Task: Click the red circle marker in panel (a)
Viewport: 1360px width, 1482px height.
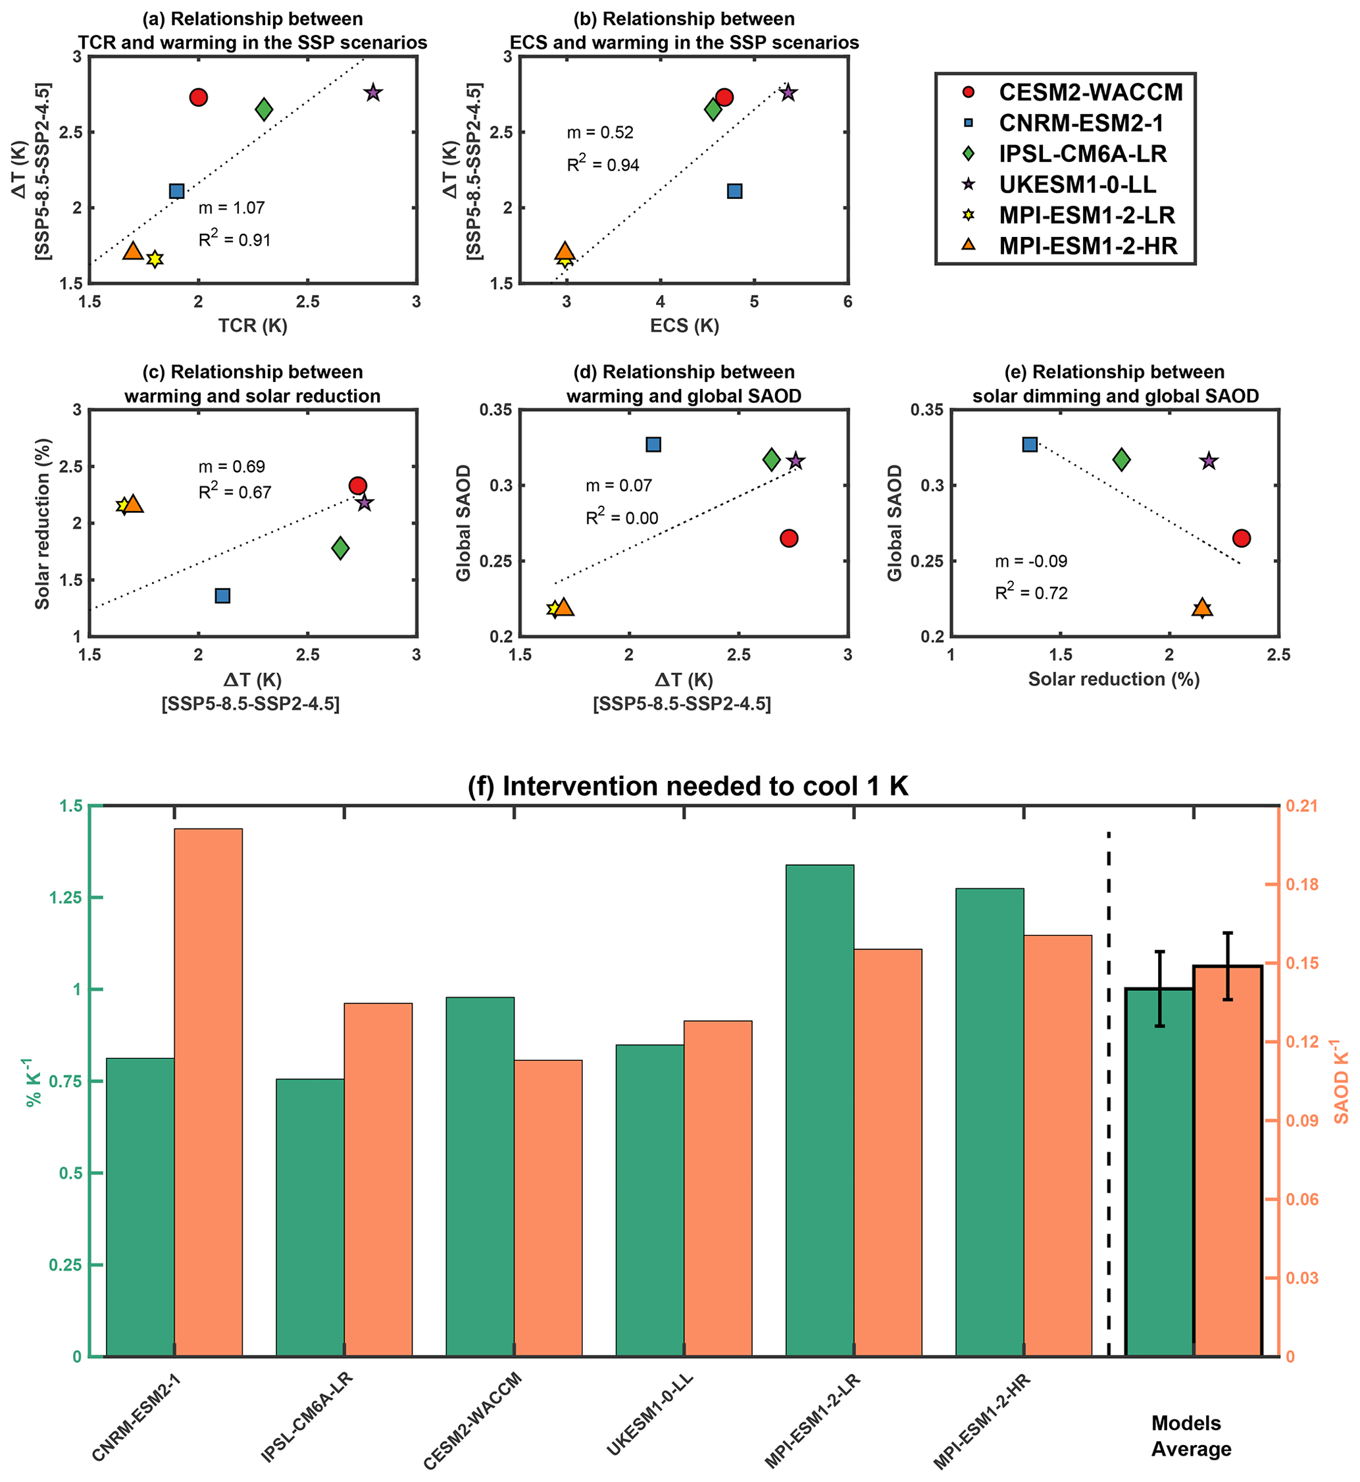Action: pyautogui.click(x=198, y=97)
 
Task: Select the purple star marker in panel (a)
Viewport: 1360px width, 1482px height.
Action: pyautogui.click(x=373, y=93)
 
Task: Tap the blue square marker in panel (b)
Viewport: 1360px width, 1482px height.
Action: pyautogui.click(x=734, y=192)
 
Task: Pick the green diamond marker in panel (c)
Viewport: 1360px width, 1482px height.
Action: pyautogui.click(x=340, y=548)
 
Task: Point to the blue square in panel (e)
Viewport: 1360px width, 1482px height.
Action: pyautogui.click(x=1030, y=444)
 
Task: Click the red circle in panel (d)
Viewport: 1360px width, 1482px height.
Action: pyautogui.click(x=789, y=538)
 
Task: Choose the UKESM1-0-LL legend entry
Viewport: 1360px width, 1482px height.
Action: pyautogui.click(x=1076, y=184)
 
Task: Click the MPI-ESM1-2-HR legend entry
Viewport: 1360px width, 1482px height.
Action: pyautogui.click(x=1087, y=246)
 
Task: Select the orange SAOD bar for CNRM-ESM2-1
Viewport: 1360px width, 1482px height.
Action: pyautogui.click(x=209, y=1090)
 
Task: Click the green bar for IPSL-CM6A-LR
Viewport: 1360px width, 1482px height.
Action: pyautogui.click(x=310, y=1215)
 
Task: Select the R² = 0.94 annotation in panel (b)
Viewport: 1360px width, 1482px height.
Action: pyautogui.click(x=603, y=164)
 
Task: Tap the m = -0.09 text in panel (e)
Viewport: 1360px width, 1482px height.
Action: pyautogui.click(x=1031, y=561)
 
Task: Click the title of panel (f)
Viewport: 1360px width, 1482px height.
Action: pyautogui.click(x=688, y=786)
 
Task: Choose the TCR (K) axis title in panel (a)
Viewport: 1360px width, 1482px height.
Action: pyautogui.click(x=253, y=325)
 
